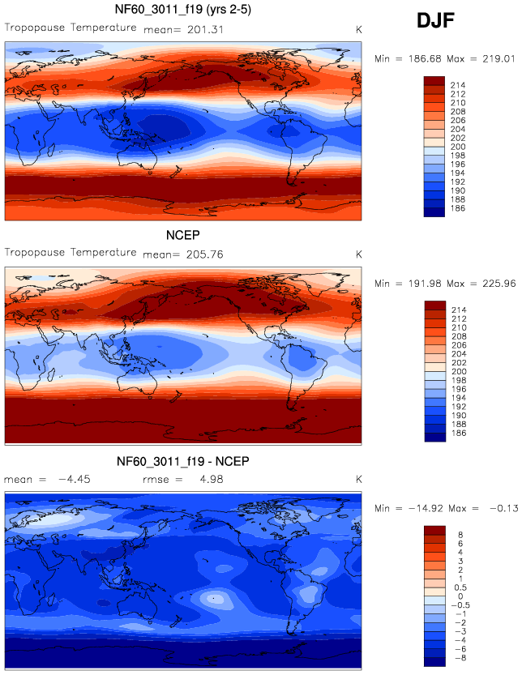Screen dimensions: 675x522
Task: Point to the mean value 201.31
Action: click(206, 30)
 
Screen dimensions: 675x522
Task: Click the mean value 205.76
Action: click(206, 254)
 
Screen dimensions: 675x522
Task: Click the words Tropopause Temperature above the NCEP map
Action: click(71, 252)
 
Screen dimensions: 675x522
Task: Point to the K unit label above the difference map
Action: click(358, 479)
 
